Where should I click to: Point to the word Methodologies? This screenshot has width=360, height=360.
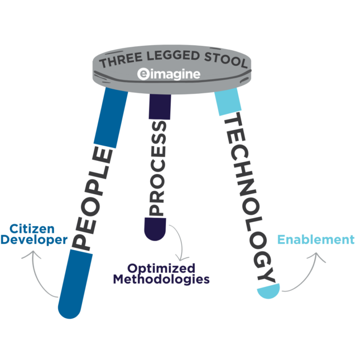click(161, 279)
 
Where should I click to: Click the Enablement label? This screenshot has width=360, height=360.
click(316, 240)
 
